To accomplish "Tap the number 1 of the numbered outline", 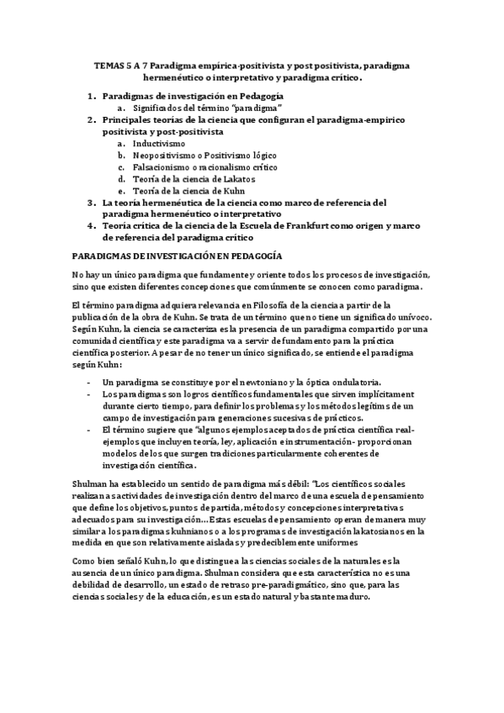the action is tap(92, 97).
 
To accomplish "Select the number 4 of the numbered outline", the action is tap(92, 226).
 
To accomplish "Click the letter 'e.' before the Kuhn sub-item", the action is tap(122, 191).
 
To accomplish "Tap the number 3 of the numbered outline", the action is tap(92, 203).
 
